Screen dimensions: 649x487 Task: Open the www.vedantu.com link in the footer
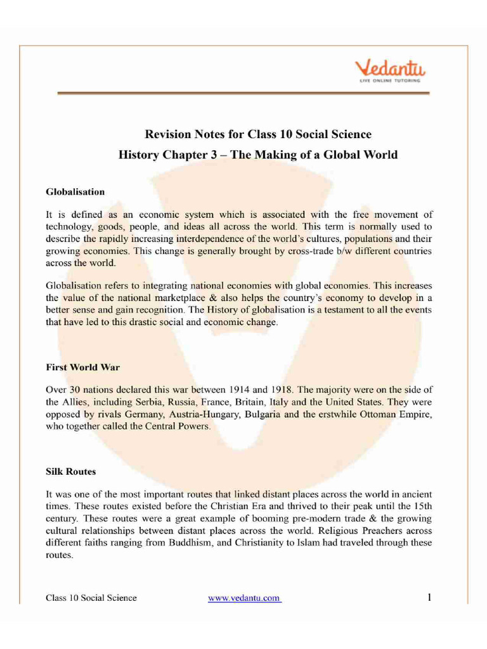point(244,599)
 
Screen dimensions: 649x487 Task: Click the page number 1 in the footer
point(430,598)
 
